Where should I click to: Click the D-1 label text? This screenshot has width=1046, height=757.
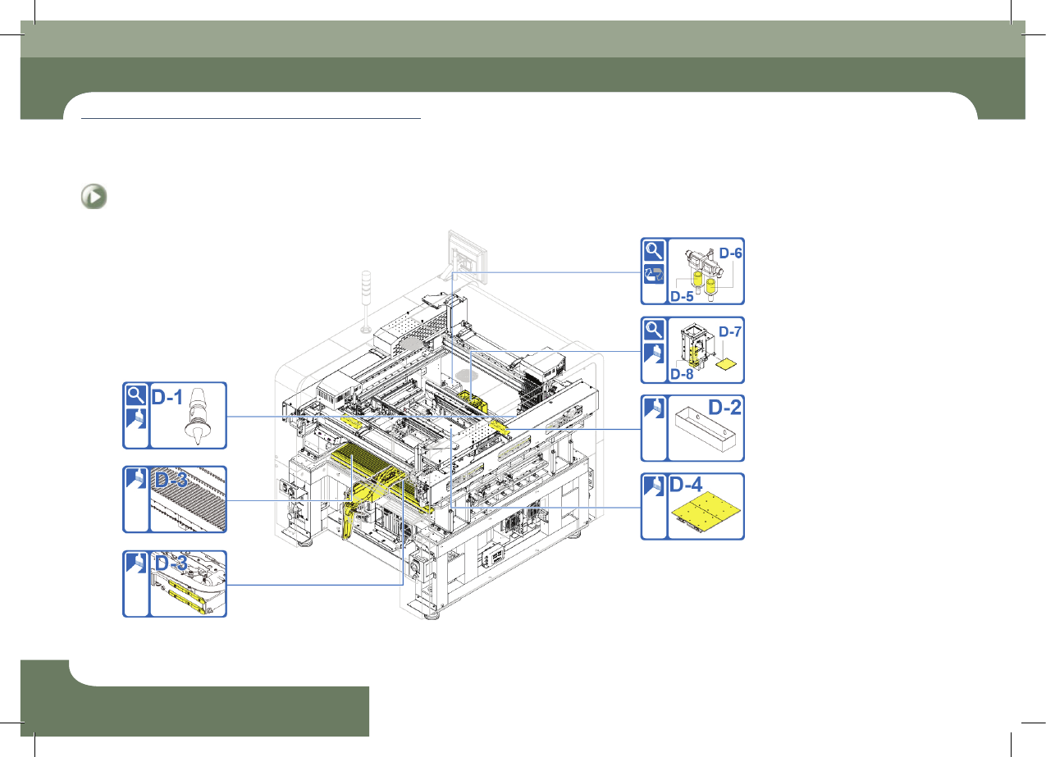(x=167, y=397)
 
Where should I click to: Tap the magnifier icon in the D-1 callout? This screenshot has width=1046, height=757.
(x=136, y=395)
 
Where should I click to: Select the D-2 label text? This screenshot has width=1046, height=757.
(x=724, y=408)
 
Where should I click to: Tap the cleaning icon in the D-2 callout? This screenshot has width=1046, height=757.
(x=654, y=408)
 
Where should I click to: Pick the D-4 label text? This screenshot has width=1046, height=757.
(x=686, y=485)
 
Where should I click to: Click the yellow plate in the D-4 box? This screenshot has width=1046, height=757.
(x=706, y=509)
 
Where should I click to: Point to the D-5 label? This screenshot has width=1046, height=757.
(x=682, y=296)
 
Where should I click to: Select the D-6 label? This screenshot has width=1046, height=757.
(x=730, y=253)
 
